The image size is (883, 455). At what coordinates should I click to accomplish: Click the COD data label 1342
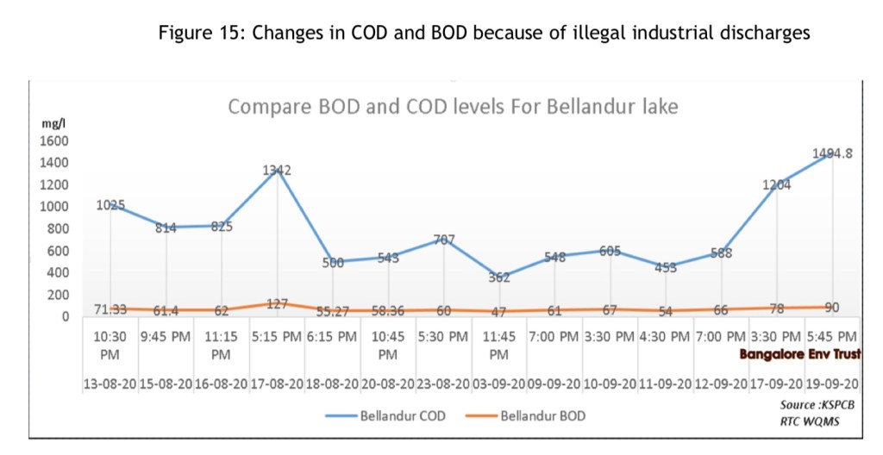277,171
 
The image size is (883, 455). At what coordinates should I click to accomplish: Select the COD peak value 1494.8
832,153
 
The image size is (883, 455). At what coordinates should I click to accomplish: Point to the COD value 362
498,277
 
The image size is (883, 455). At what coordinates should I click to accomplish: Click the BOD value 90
831,307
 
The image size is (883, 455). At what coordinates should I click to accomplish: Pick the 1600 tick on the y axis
53,140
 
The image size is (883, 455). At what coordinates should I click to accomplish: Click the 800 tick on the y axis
57,228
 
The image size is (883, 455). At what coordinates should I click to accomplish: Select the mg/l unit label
53,123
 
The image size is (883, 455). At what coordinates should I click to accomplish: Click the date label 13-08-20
110,383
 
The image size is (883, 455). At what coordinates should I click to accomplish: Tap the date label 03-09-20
499,383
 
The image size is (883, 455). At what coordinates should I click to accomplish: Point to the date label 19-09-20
832,383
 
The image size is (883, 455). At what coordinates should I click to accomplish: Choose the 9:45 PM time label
166,336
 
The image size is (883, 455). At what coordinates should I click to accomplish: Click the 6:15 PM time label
332,336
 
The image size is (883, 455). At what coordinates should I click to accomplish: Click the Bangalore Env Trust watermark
799,353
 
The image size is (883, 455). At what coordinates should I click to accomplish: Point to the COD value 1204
776,184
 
